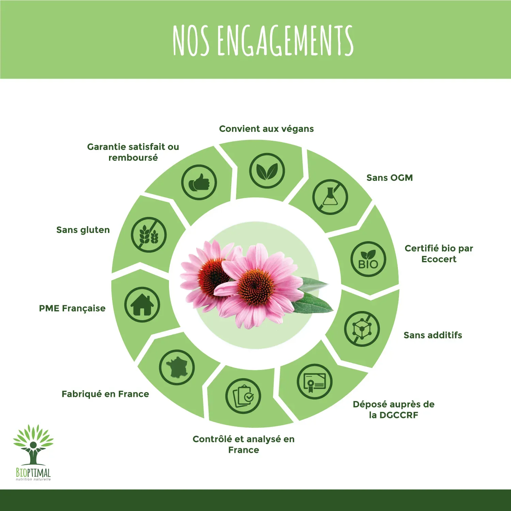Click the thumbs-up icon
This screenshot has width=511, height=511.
coord(199,182)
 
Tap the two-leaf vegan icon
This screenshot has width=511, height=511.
coord(267,171)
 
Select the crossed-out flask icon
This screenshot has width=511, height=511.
coord(330,197)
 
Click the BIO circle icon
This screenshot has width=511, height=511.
coord(368,259)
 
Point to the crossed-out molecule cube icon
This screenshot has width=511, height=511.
coord(362,329)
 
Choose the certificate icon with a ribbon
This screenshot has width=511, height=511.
coord(314,382)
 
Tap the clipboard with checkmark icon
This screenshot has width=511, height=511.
coord(243,396)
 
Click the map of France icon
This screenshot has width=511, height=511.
coord(177,368)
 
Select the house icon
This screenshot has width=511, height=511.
coord(142,305)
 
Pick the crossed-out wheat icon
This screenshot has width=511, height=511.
coord(149,235)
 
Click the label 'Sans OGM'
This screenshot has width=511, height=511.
coord(390,178)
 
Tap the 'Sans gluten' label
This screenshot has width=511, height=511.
coord(83,230)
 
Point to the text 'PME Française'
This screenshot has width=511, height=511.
coord(72,308)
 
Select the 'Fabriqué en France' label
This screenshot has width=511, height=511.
coord(105,394)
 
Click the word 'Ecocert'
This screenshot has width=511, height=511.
coord(439,259)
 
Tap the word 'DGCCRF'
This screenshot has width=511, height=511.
coord(399,415)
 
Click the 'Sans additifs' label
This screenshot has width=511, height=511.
coord(433,335)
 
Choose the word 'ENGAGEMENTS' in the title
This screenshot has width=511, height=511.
coord(285,40)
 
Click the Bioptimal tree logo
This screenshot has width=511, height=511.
coord(33,452)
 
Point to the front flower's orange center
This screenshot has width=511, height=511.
coord(256,286)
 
